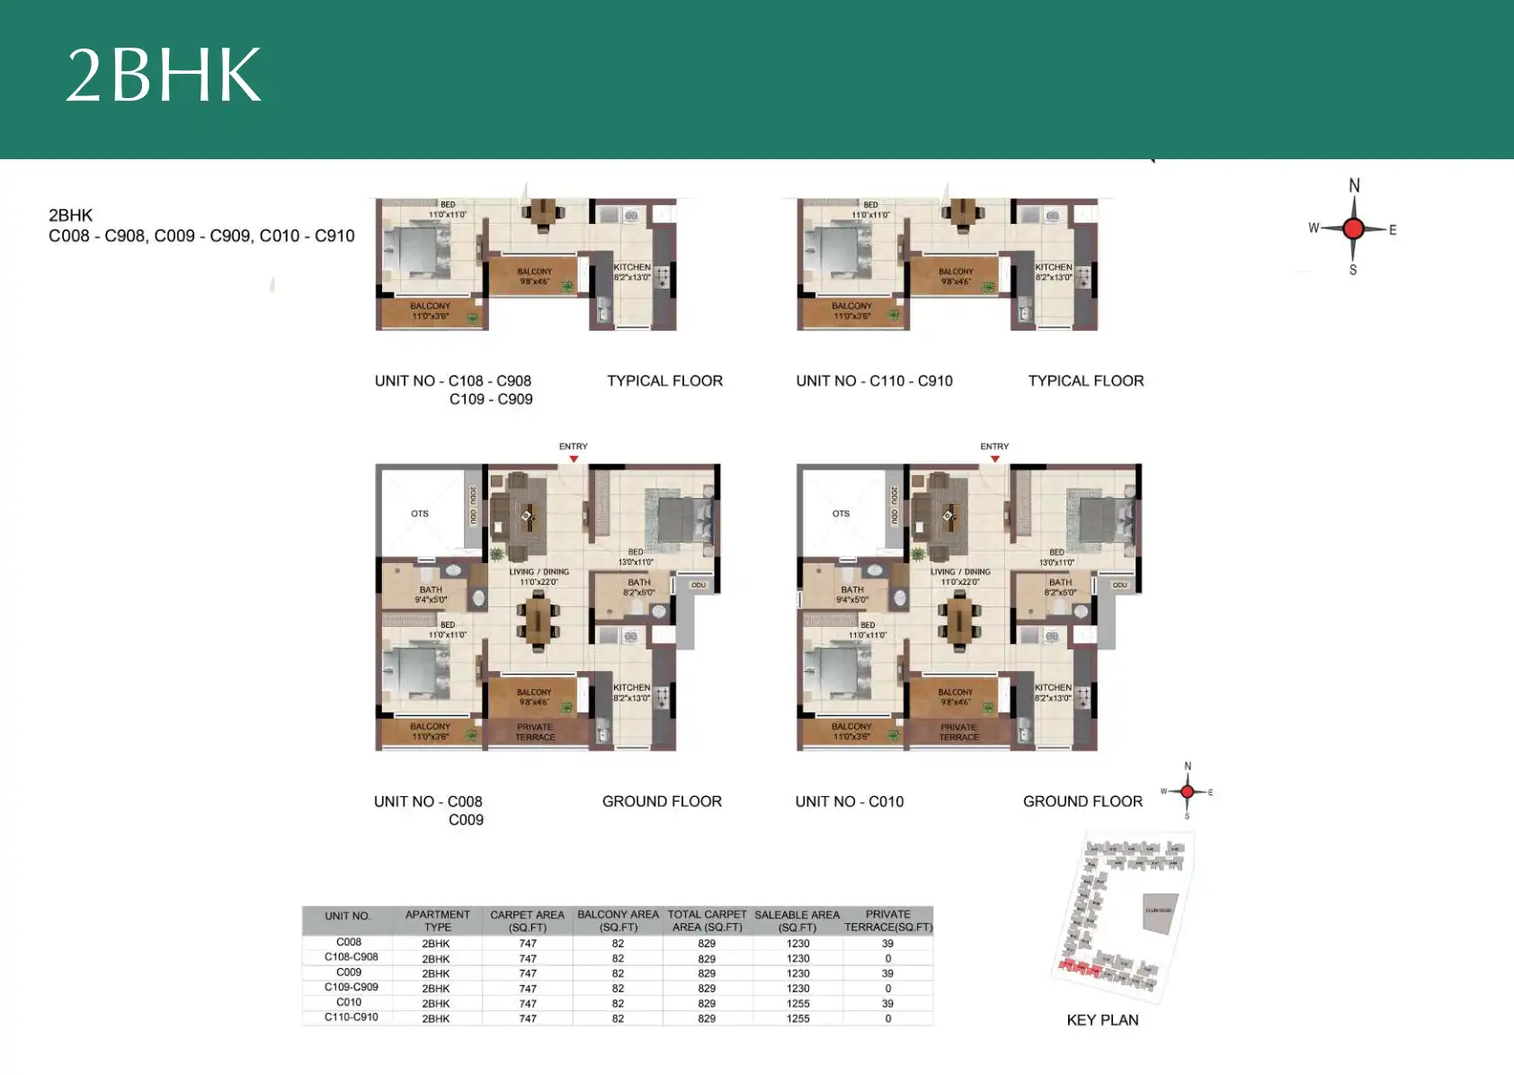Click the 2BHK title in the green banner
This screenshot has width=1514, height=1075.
[x=164, y=76]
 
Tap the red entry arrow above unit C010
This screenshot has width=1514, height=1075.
[x=994, y=459]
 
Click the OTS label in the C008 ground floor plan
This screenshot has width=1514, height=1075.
[x=420, y=514]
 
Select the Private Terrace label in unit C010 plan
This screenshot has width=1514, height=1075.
[x=958, y=732]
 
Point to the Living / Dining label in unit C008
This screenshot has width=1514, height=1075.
[x=539, y=572]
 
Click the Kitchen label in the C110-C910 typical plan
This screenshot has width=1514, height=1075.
[x=1053, y=267]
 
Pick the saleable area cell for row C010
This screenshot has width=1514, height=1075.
[x=797, y=1003]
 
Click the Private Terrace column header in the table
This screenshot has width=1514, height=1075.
[x=887, y=920]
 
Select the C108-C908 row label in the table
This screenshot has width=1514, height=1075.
[x=351, y=957]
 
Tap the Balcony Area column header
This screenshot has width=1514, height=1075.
[x=618, y=920]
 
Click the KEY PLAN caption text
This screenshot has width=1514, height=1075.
[x=1102, y=1020]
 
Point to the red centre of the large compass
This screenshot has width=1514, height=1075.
[x=1353, y=228]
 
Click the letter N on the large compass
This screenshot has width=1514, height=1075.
[x=1354, y=185]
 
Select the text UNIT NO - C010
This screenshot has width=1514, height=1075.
[x=849, y=802]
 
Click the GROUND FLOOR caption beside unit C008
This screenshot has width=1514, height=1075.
[x=662, y=802]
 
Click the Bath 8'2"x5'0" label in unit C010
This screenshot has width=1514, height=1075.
[x=1060, y=587]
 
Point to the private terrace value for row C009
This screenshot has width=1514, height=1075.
[x=887, y=973]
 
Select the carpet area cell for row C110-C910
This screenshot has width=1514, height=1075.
[x=528, y=1018]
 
